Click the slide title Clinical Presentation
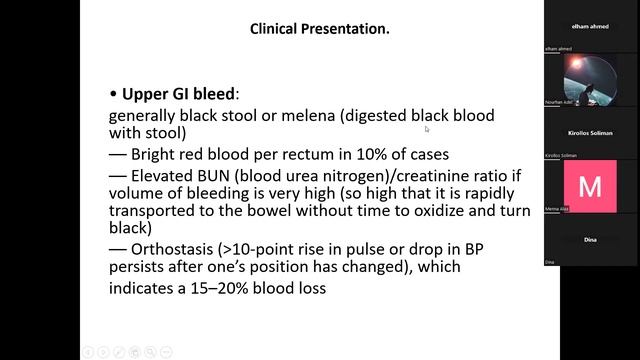click(319, 29)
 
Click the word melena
click(308, 116)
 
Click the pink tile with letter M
click(590, 186)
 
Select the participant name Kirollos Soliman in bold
click(590, 132)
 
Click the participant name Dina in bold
click(590, 240)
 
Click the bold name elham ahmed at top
click(590, 24)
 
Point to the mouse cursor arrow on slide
click(427, 128)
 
